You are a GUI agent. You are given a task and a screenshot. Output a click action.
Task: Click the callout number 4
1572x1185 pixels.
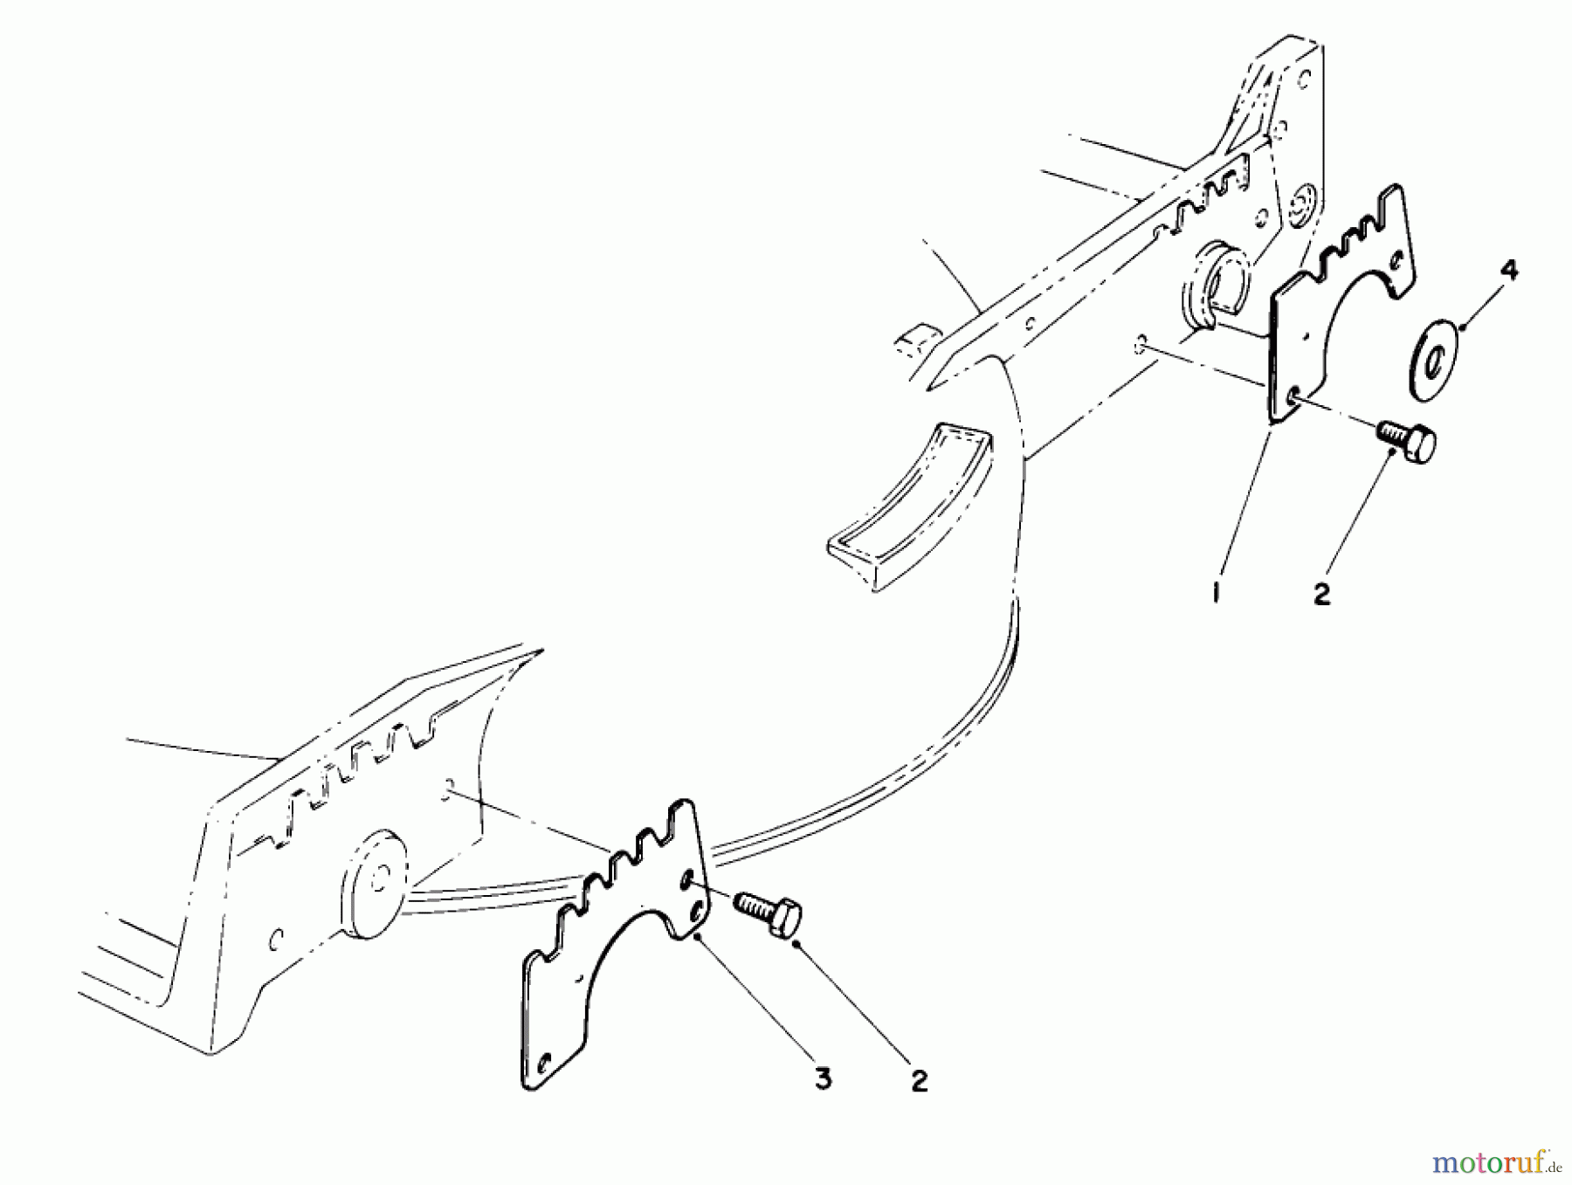point(1508,271)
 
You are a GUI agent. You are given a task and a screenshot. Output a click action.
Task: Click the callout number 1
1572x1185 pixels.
point(1216,594)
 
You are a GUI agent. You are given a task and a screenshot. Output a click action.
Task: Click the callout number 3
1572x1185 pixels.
point(822,1079)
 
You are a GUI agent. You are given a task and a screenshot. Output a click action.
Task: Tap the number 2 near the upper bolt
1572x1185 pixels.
point(1321,594)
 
